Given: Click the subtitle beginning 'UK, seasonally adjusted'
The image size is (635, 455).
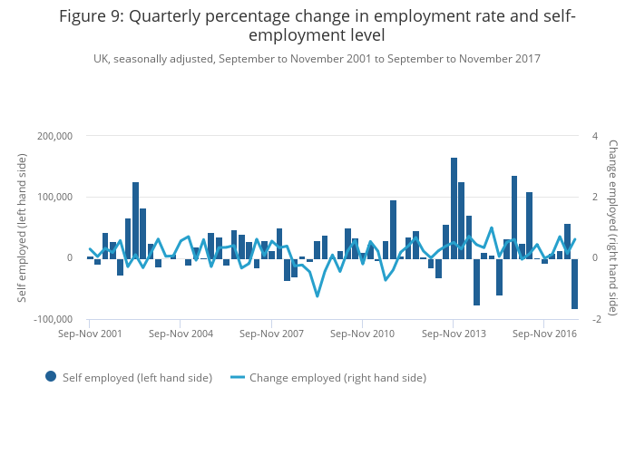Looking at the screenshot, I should click(317, 59).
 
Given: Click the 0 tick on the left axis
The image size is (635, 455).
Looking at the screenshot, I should click(69, 258).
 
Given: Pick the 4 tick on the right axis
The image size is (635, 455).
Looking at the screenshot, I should click(594, 136).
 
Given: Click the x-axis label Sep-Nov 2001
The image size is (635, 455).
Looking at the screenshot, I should click(90, 334).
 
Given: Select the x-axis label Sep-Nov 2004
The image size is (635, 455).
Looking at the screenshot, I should click(181, 334).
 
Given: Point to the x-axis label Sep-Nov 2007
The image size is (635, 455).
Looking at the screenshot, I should click(271, 334).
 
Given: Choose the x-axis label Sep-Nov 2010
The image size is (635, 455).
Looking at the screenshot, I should click(362, 334).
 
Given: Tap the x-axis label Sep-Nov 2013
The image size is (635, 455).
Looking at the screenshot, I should click(453, 334).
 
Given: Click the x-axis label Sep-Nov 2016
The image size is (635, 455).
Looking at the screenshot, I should click(543, 334).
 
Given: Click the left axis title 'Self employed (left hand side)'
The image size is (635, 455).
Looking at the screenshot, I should click(23, 227).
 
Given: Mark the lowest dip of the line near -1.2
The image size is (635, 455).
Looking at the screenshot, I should click(317, 295).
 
